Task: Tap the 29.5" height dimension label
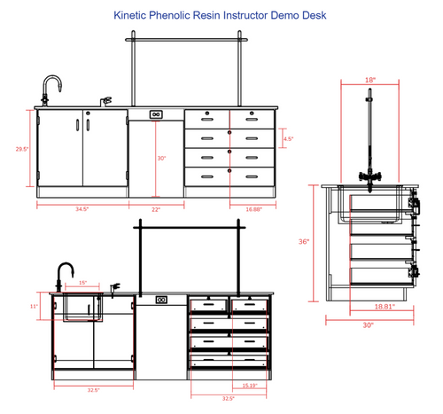point(22,149)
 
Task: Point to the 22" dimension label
point(156,209)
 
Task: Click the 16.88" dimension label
point(253,209)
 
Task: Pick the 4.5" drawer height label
point(288,139)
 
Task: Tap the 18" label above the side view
point(370,80)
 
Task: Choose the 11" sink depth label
point(34,306)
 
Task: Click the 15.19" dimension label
point(251,386)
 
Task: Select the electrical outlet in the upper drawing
point(155,114)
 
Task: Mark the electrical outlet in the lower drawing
point(161,300)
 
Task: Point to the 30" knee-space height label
point(160,159)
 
